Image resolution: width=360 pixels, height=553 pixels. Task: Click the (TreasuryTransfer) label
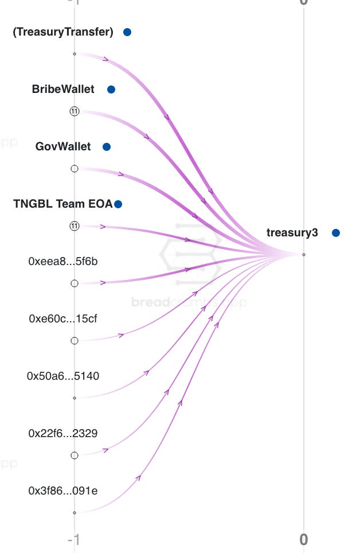click(63, 32)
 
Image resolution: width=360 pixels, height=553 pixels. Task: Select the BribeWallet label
click(63, 89)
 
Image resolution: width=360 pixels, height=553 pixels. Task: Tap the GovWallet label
click(63, 147)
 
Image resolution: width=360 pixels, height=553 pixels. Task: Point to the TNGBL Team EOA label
click(63, 204)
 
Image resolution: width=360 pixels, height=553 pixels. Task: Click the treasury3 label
click(292, 232)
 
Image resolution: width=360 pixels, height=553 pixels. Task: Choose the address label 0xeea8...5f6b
click(63, 262)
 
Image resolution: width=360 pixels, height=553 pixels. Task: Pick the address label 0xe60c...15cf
click(63, 319)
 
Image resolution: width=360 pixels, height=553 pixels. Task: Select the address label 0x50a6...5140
click(63, 376)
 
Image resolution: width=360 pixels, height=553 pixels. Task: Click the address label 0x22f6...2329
click(63, 434)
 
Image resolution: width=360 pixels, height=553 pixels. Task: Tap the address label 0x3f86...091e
click(63, 491)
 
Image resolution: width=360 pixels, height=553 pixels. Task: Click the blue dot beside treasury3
click(336, 232)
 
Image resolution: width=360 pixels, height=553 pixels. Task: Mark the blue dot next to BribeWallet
click(111, 89)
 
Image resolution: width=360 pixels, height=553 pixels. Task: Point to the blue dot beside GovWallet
click(106, 147)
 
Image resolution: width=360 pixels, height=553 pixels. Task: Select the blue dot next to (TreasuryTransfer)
click(127, 32)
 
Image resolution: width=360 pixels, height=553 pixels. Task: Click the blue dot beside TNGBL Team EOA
click(118, 204)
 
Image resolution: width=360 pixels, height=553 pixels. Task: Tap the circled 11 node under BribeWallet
click(74, 111)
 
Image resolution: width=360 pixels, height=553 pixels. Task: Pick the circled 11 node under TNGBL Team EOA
click(74, 226)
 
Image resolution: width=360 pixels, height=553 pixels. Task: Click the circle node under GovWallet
click(74, 169)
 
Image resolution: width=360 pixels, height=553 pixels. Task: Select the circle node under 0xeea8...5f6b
click(74, 283)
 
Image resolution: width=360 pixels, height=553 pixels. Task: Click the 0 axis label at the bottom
click(304, 540)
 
